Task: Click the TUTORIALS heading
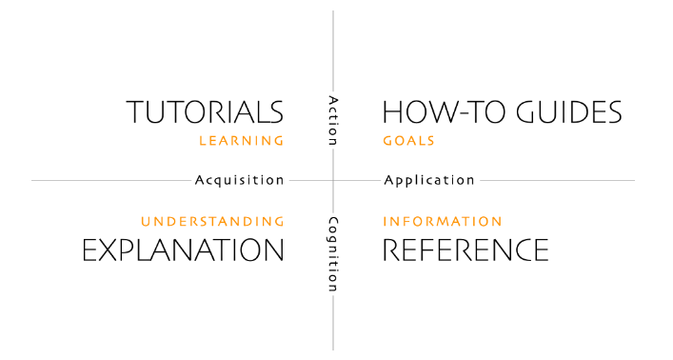(205, 111)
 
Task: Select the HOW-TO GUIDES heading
(502, 111)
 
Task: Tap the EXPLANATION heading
(183, 250)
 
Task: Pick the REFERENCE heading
(465, 250)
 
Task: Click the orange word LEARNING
(241, 141)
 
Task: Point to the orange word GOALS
(408, 141)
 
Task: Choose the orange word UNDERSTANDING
(212, 222)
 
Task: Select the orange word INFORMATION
(442, 222)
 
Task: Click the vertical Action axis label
(333, 120)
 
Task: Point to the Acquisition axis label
(239, 180)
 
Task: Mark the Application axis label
(428, 180)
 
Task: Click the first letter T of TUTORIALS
(137, 111)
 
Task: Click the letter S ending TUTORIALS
(274, 111)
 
